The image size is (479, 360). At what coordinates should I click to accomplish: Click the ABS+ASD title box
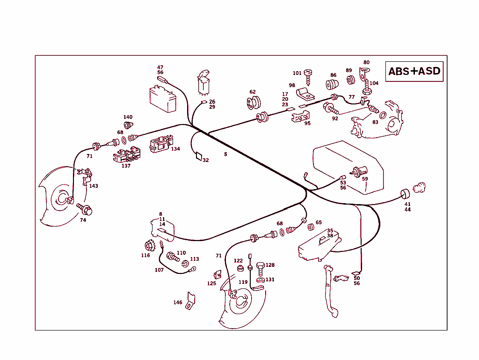click(414, 71)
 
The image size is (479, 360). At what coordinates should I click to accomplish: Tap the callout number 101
click(297, 73)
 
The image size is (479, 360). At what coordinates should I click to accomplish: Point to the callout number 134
click(175, 149)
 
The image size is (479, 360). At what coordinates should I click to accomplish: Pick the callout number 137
click(126, 166)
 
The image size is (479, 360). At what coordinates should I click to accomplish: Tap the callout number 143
click(94, 186)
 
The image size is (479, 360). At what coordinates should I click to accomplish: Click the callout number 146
click(178, 302)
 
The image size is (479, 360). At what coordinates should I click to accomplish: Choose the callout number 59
click(365, 179)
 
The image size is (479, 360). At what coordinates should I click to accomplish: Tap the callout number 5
click(225, 154)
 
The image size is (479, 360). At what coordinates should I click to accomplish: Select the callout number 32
click(206, 160)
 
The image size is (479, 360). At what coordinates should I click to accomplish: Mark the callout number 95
click(307, 124)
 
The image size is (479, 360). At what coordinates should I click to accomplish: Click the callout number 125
click(212, 283)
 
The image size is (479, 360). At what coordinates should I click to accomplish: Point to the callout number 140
click(128, 117)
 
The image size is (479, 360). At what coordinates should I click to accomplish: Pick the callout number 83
click(375, 122)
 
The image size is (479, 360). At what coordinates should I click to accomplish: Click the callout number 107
click(160, 270)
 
